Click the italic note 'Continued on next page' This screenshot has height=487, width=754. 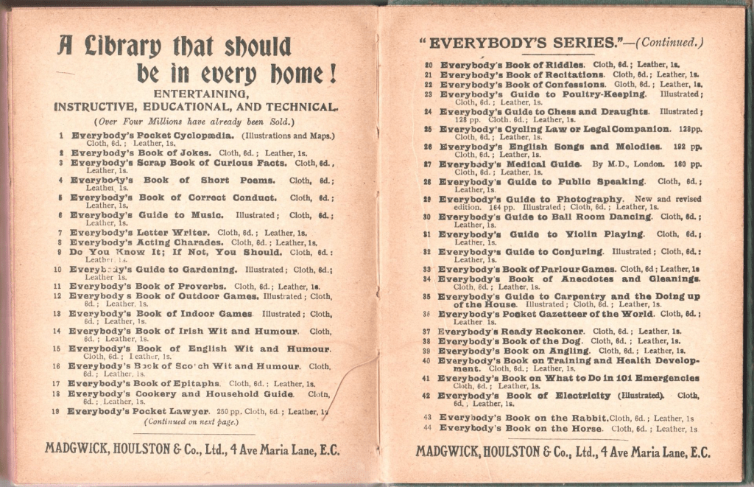(190, 421)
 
